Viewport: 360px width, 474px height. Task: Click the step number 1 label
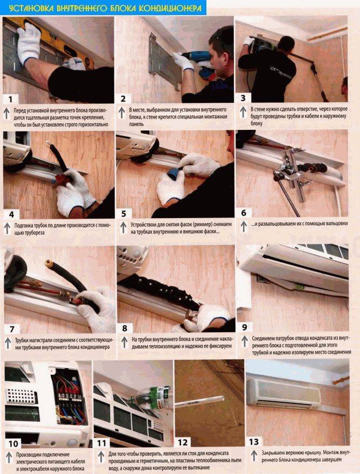click(11, 99)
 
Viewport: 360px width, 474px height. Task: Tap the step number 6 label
click(244, 213)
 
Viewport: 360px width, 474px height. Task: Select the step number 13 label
click(254, 442)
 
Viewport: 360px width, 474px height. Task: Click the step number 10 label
click(13, 444)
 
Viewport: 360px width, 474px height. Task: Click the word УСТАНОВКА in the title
click(31, 8)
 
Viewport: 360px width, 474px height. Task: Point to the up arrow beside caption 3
click(243, 112)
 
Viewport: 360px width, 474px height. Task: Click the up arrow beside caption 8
click(124, 342)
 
